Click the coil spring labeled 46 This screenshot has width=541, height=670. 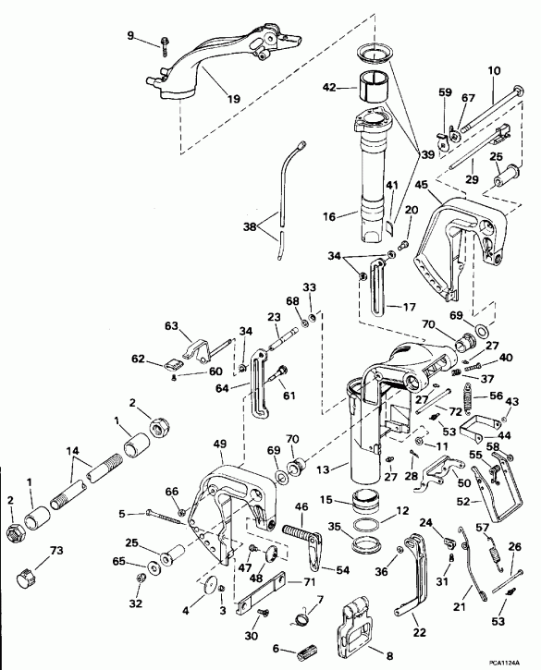click(294, 538)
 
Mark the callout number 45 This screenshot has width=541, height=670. click(420, 186)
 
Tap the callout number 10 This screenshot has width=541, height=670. click(492, 70)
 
